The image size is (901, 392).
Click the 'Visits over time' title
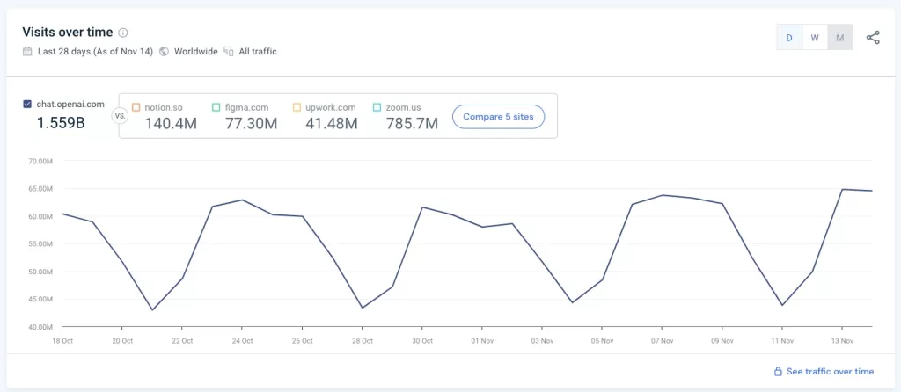(x=67, y=33)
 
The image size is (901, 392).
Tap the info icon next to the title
(x=123, y=33)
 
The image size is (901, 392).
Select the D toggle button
(x=789, y=38)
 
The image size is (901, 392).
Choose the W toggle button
(x=815, y=38)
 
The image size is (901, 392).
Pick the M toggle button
(x=840, y=38)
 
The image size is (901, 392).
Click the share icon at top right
(x=873, y=38)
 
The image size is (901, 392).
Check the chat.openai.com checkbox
(x=28, y=105)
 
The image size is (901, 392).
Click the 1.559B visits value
(x=61, y=124)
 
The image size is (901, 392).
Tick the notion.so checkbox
(x=136, y=107)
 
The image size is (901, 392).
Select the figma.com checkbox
(x=216, y=107)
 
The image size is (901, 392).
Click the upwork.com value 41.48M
(x=326, y=124)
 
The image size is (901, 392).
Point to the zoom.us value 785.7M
(x=412, y=124)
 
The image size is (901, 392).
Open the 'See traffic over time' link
(x=824, y=372)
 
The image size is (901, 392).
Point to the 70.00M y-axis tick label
(x=41, y=162)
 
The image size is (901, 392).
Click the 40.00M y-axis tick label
(x=41, y=327)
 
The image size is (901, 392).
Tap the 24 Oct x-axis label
(x=242, y=341)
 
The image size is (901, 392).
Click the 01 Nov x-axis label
(x=481, y=341)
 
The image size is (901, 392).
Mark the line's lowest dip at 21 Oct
(x=152, y=309)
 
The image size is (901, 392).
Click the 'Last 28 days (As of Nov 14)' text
(x=95, y=52)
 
